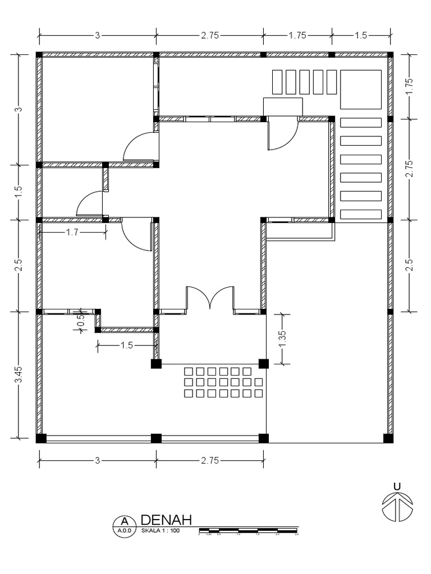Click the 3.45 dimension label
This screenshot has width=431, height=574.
(x=18, y=374)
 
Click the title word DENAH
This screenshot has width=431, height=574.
(x=166, y=520)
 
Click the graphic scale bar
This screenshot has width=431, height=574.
(x=249, y=530)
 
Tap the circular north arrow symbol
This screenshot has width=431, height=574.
(x=397, y=507)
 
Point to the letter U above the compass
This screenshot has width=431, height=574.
(x=397, y=485)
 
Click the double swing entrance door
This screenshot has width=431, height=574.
(x=210, y=297)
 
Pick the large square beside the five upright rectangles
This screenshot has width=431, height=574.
(x=361, y=90)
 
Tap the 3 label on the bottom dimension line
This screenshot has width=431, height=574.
(x=97, y=461)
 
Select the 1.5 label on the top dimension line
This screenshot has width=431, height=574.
(x=360, y=35)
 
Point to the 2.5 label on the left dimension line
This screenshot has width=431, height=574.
(x=18, y=265)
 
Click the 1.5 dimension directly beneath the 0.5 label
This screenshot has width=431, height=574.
(x=127, y=345)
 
